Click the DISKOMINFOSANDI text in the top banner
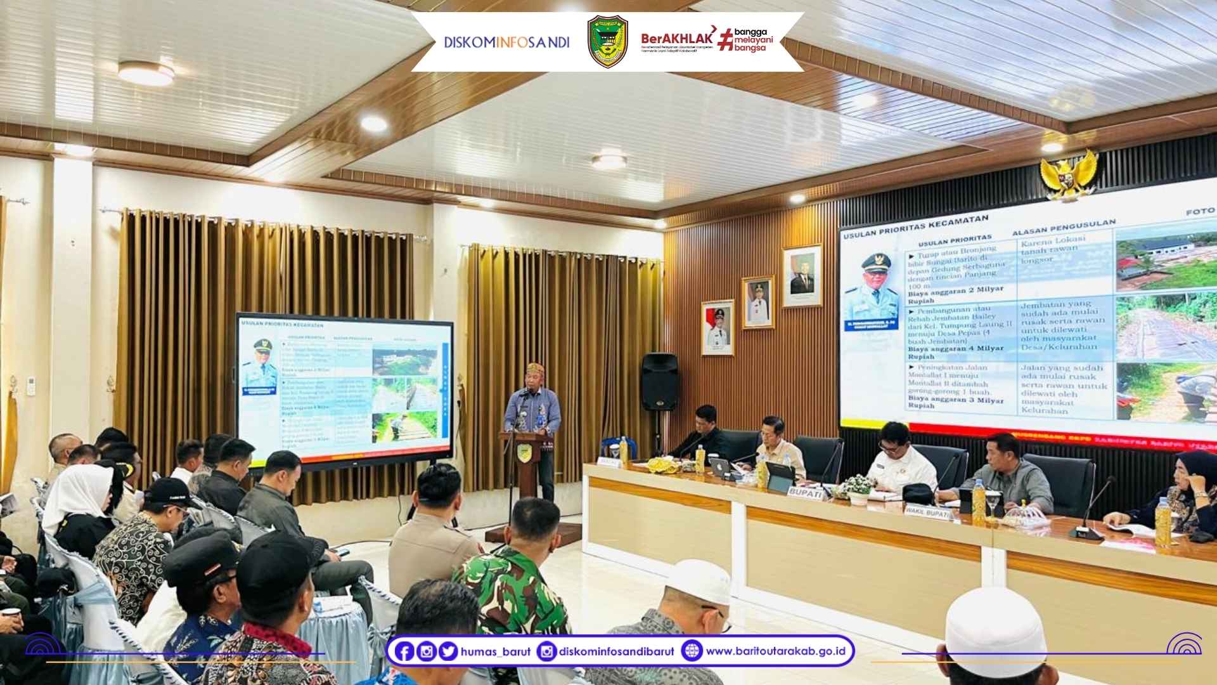point(506,42)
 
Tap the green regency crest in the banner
point(607,42)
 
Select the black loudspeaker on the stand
point(660,381)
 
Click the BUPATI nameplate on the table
point(806,491)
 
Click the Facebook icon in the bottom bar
point(404,651)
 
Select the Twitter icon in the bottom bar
point(448,651)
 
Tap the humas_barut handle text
point(496,651)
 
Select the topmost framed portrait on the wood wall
point(802,276)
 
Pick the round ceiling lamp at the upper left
point(146,74)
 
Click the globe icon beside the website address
point(692,651)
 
